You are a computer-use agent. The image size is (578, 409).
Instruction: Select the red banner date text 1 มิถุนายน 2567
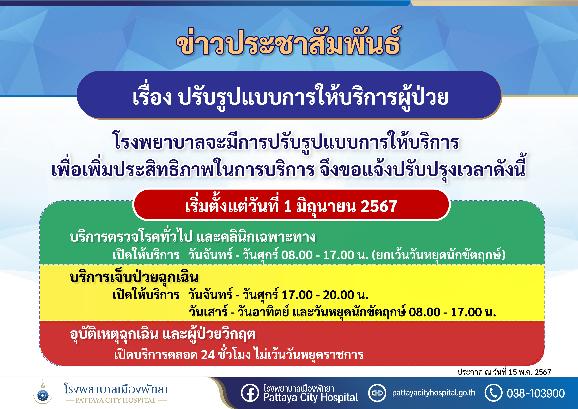coord(341,206)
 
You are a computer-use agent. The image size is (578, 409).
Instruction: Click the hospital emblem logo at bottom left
coord(43,392)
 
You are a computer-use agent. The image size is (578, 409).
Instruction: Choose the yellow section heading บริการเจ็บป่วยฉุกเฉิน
coord(134,277)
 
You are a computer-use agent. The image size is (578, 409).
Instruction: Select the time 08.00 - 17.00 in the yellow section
coord(445,312)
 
